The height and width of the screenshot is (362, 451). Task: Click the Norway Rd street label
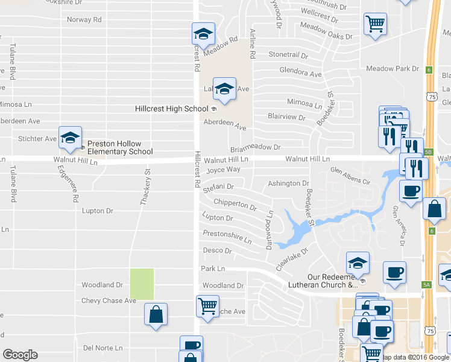pos(84,19)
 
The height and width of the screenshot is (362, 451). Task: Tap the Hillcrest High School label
pos(171,109)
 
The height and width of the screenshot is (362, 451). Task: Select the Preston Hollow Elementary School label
pos(120,148)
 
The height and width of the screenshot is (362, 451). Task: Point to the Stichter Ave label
pos(37,139)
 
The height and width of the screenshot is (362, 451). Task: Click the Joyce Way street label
pos(223,170)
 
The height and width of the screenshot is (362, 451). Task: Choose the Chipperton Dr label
pos(235,205)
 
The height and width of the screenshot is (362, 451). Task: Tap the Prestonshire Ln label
pos(227,237)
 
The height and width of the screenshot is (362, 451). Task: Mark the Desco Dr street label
pos(217,250)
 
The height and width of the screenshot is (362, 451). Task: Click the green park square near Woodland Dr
pos(142,284)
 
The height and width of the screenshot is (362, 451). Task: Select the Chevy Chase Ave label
pos(109,300)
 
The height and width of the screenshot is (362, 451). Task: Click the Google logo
pos(20,355)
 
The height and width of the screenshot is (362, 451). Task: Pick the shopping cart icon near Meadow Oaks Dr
pos(375,25)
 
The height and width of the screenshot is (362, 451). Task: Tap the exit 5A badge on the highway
pos(427,284)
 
